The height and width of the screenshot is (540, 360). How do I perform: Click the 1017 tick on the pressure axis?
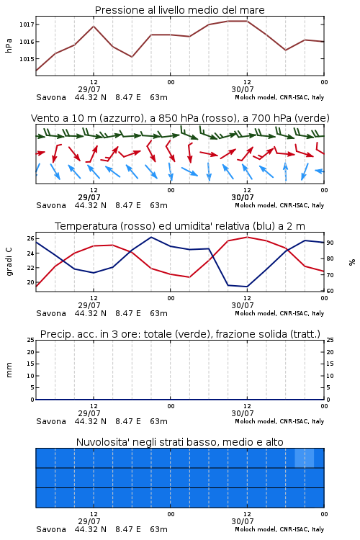click(27, 24)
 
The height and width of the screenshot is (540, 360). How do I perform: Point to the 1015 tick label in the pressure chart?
click(27, 59)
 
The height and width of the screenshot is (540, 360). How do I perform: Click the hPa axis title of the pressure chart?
click(9, 45)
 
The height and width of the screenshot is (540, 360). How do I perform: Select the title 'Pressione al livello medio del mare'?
click(180, 10)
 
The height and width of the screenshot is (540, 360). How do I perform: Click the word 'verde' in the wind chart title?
click(311, 118)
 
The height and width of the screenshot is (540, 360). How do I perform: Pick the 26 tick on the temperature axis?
click(30, 238)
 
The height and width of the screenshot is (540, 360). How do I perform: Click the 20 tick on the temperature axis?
click(30, 282)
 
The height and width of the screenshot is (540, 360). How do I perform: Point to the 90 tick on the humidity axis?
click(330, 243)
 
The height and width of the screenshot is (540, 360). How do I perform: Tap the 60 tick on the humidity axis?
click(330, 291)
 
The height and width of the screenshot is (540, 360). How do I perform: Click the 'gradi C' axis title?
click(9, 261)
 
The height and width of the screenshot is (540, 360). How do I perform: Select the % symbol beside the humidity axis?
click(352, 262)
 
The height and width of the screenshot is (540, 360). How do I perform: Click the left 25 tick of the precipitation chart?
click(30, 340)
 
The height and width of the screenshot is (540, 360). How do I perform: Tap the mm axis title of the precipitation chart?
click(9, 370)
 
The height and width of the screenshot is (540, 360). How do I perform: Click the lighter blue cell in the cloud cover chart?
click(304, 458)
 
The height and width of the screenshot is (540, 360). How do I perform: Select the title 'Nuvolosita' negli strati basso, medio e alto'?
click(180, 442)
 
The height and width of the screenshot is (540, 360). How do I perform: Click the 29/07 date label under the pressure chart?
click(89, 89)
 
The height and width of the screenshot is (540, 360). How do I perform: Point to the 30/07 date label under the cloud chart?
click(243, 521)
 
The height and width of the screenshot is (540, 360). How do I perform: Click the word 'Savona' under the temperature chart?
click(51, 313)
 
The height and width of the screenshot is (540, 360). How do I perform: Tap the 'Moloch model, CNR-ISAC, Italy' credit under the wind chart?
click(279, 205)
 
